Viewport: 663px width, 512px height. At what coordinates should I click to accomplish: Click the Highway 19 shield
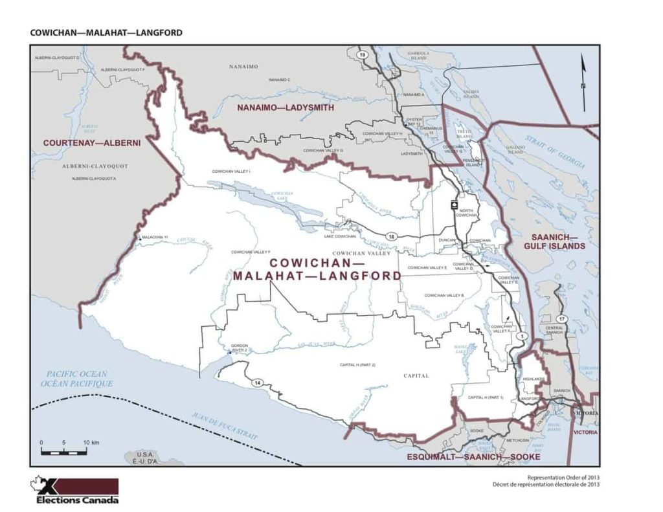(362, 55)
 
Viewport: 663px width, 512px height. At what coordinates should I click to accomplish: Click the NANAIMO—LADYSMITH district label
(286, 107)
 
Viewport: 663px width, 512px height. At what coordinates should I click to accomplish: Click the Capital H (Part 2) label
(357, 365)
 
